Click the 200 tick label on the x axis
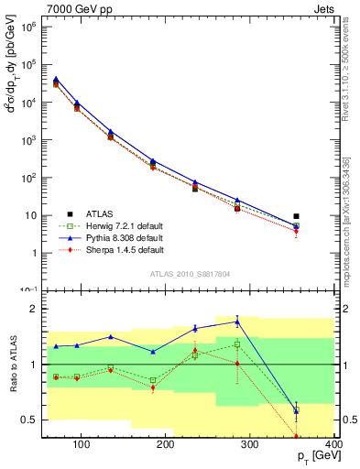pos(165,446)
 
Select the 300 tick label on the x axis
pos(249,446)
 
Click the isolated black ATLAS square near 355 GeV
pos(296,216)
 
